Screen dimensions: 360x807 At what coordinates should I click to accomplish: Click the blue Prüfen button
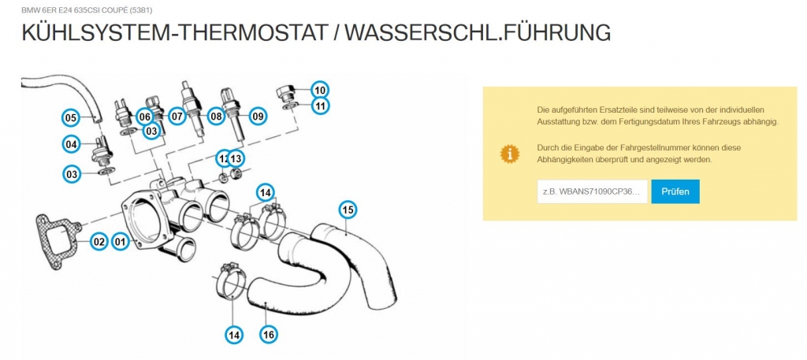coord(675,191)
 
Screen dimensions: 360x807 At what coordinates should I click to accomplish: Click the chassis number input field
coord(592,191)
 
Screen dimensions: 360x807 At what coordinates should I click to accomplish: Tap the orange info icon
coord(511,153)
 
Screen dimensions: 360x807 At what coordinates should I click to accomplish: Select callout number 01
coord(121,242)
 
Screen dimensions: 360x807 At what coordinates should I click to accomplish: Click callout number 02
coord(99,242)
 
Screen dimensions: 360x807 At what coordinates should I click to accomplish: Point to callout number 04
coord(72,144)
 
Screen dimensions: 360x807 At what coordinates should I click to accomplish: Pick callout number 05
coord(71,117)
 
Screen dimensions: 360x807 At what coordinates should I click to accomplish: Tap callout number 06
coord(144,117)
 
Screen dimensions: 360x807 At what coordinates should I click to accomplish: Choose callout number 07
coord(177,117)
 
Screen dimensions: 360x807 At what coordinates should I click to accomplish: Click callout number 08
coord(215,117)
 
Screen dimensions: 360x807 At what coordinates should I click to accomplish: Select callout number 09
coord(258,117)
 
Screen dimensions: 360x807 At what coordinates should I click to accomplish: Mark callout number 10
coord(320,89)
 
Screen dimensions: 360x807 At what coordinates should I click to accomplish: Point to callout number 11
coord(320,106)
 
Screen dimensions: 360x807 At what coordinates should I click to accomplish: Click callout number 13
coord(236,158)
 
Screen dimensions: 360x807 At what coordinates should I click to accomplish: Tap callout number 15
coord(348,210)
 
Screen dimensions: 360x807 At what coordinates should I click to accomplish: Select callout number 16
coord(269,335)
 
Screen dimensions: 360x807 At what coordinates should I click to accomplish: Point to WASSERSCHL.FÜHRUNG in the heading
coord(478,33)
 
